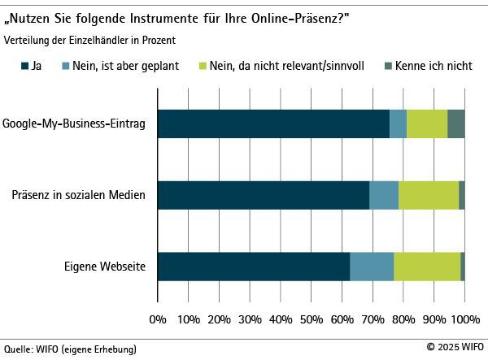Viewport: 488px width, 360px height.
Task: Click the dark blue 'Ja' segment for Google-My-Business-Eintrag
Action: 273,124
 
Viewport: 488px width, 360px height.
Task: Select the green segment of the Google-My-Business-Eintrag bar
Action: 427,124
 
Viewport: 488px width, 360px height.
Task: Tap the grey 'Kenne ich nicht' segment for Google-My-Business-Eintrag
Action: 455,124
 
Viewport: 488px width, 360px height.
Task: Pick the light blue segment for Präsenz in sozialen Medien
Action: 384,195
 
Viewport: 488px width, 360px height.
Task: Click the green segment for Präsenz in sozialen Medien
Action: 429,195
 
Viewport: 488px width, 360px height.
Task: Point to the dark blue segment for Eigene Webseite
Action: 254,267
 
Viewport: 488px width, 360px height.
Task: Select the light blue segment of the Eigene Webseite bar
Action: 372,267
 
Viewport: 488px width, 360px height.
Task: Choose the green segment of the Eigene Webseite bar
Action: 427,267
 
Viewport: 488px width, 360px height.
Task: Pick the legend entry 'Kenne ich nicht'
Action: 433,64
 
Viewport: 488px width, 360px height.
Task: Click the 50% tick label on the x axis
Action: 312,318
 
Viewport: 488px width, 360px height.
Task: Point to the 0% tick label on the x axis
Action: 158,318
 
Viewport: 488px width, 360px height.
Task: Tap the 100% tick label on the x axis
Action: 464,318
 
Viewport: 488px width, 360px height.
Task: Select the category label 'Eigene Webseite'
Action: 105,267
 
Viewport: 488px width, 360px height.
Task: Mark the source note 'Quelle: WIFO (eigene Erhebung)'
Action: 70,349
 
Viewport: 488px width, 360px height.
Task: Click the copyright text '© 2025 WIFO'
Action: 454,347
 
